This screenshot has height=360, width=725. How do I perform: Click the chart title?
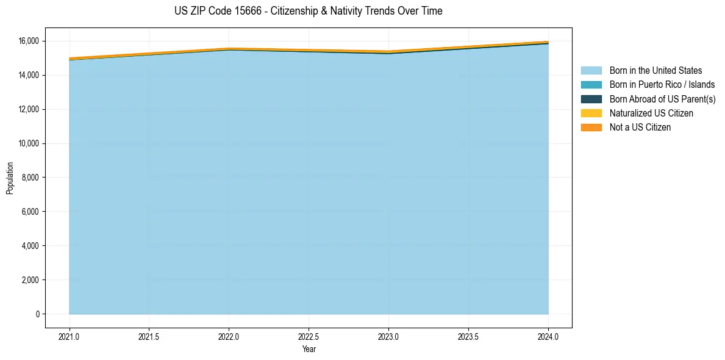click(308, 11)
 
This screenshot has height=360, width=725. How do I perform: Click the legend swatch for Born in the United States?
click(591, 71)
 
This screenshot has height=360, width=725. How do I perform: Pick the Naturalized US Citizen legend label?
click(651, 113)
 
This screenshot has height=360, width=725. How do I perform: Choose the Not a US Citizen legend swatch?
click(591, 127)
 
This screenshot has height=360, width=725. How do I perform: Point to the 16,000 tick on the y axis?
click(28, 41)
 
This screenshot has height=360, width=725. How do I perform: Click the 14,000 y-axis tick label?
click(28, 75)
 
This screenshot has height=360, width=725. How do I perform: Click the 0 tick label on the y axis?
click(37, 314)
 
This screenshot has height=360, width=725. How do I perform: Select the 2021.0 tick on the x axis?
click(70, 336)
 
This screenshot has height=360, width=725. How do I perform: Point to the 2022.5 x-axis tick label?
click(309, 336)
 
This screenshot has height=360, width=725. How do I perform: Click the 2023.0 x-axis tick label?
click(388, 336)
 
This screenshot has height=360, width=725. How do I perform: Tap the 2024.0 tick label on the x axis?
click(548, 336)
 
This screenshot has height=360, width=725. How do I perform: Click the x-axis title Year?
click(309, 349)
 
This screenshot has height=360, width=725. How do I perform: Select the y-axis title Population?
click(10, 178)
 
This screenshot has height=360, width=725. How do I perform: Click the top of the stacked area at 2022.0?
click(229, 48)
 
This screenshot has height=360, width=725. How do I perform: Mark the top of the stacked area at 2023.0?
click(388, 51)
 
